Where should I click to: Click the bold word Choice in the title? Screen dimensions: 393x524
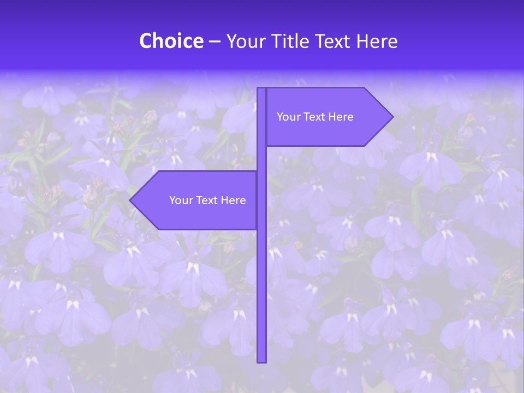tap(171, 41)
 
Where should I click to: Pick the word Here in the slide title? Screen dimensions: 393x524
tap(377, 41)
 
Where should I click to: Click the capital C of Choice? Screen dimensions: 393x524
tap(146, 41)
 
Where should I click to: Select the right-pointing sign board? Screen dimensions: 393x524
tap(322, 117)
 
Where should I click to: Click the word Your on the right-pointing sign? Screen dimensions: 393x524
tap(288, 117)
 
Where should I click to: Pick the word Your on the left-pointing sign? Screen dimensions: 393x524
tap(181, 200)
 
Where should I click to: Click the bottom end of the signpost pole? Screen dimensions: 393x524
tap(261, 360)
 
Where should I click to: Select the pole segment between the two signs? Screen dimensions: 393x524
tap(261, 159)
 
